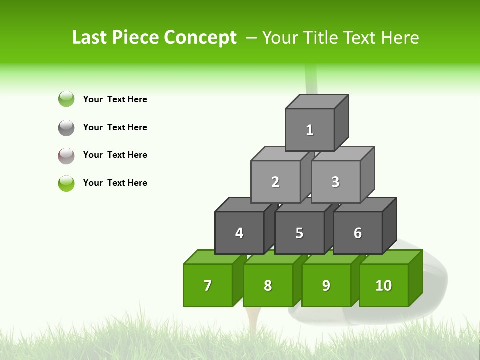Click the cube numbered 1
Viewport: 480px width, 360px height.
pyautogui.click(x=310, y=130)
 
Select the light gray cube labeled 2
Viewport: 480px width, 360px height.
pyautogui.click(x=275, y=182)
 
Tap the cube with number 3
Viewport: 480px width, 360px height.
pyautogui.click(x=335, y=182)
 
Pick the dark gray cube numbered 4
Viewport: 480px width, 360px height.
pyautogui.click(x=239, y=233)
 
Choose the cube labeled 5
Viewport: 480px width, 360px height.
pyautogui.click(x=299, y=233)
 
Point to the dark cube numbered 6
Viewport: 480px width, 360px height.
pyautogui.click(x=358, y=233)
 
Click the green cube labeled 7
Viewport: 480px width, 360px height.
pyautogui.click(x=208, y=285)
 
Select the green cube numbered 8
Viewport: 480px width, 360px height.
pyautogui.click(x=268, y=285)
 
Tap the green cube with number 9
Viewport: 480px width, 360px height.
pyautogui.click(x=326, y=285)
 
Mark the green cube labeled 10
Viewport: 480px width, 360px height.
pyautogui.click(x=384, y=285)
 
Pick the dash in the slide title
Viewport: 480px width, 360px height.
pyautogui.click(x=251, y=38)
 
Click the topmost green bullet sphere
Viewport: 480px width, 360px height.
pyautogui.click(x=66, y=99)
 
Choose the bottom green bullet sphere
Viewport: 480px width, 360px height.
pyautogui.click(x=66, y=183)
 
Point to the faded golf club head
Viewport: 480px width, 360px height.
pyautogui.click(x=430, y=290)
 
